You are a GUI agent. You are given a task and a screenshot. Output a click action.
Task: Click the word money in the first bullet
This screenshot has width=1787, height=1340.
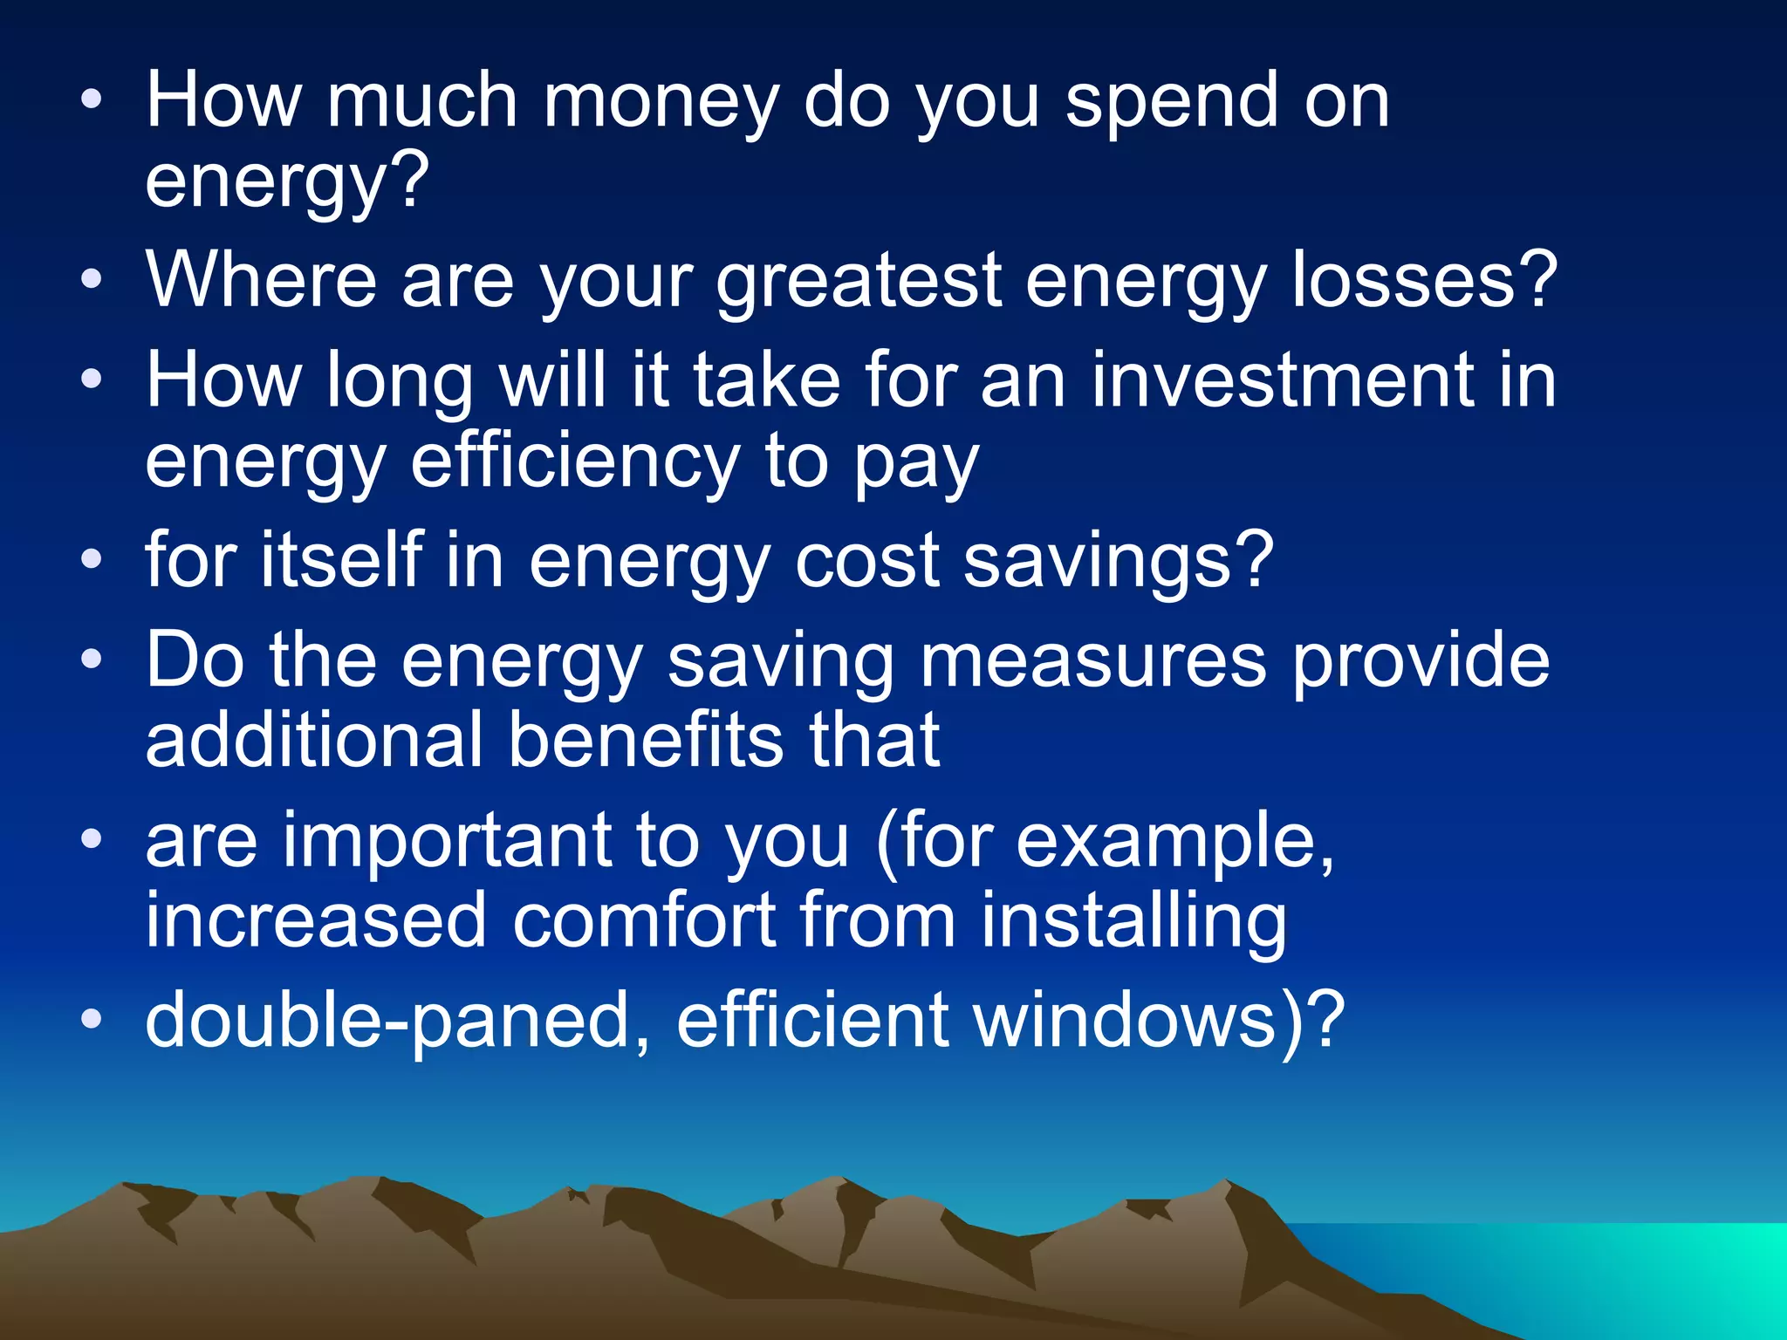(660, 102)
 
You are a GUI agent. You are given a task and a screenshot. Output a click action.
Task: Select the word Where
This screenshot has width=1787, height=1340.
(261, 281)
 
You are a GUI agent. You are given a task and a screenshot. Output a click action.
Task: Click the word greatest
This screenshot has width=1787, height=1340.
(859, 281)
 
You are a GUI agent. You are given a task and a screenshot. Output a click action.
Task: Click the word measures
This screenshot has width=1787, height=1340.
(1093, 661)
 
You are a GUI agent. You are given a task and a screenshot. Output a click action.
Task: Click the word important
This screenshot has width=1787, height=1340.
(446, 841)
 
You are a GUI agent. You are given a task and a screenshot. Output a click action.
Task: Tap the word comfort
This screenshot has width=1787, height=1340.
(643, 921)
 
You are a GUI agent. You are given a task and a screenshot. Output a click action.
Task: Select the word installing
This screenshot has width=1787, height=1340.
(1133, 921)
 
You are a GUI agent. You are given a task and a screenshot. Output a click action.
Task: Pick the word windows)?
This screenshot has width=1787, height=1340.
(1160, 1021)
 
